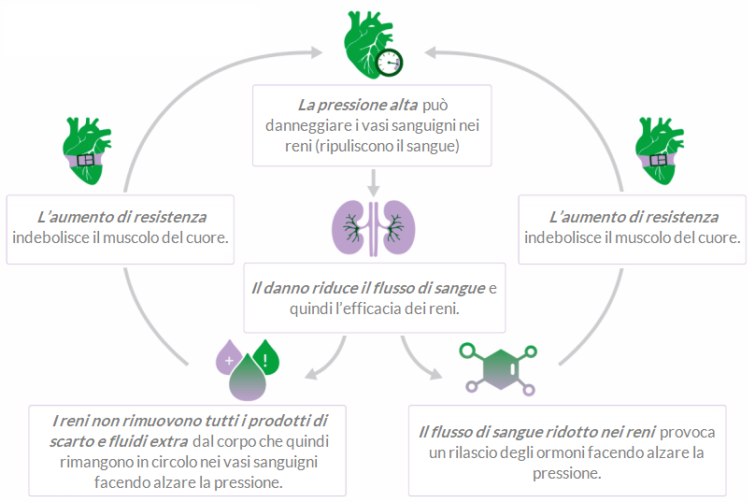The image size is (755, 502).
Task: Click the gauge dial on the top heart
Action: pyautogui.click(x=390, y=62)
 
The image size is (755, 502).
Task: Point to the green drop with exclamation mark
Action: pyautogui.click(x=266, y=356)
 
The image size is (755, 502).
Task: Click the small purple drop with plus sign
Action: pyautogui.click(x=228, y=356)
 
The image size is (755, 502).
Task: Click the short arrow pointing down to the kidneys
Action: pyautogui.click(x=374, y=180)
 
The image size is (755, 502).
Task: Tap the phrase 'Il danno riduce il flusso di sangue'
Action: pyautogui.click(x=368, y=286)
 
